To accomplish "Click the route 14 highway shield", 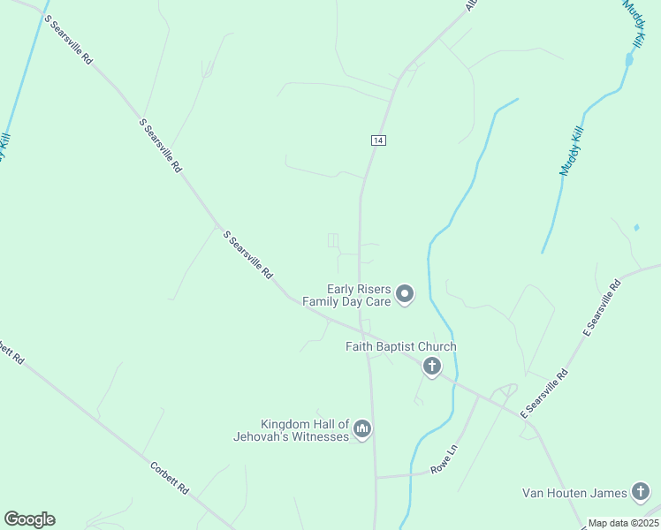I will click(377, 140).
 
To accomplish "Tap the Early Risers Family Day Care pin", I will click(405, 293).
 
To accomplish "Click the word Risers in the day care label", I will click(374, 288).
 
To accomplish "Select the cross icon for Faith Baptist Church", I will click(431, 367).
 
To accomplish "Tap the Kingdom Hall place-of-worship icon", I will click(361, 429).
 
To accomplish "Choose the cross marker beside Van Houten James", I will click(641, 492).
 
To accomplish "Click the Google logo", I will click(29, 519).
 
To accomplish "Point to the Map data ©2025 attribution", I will click(623, 523).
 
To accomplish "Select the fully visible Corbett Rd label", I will click(170, 477).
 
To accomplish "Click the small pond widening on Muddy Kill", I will click(629, 60).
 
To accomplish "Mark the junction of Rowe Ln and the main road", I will click(376, 478).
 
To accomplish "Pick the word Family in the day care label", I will click(323, 301).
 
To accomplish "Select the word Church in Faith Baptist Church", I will click(437, 347).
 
